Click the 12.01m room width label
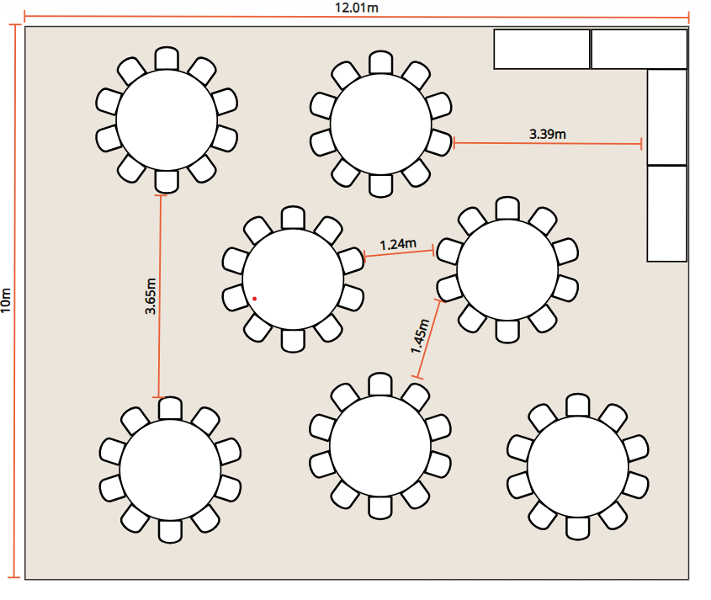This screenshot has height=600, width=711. click(x=356, y=8)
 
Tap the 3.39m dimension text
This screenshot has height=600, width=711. click(x=547, y=133)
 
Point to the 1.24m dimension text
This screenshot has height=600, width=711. click(x=397, y=245)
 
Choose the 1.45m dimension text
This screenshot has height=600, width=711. click(x=420, y=336)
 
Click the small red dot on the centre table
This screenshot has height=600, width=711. click(x=254, y=298)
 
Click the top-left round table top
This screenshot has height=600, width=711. click(x=167, y=119)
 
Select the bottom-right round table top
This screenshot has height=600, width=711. click(x=578, y=466)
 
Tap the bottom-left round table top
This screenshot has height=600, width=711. click(x=170, y=470)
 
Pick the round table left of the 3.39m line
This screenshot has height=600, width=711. click(x=381, y=123)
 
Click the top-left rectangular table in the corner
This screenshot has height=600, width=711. click(x=541, y=49)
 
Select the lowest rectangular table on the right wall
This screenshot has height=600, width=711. click(x=667, y=213)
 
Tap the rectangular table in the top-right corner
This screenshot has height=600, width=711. click(x=639, y=49)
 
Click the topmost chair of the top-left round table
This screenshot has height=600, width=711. click(x=167, y=58)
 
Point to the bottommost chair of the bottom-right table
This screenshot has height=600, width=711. click(x=578, y=528)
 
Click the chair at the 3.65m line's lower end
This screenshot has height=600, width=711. click(x=170, y=408)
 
